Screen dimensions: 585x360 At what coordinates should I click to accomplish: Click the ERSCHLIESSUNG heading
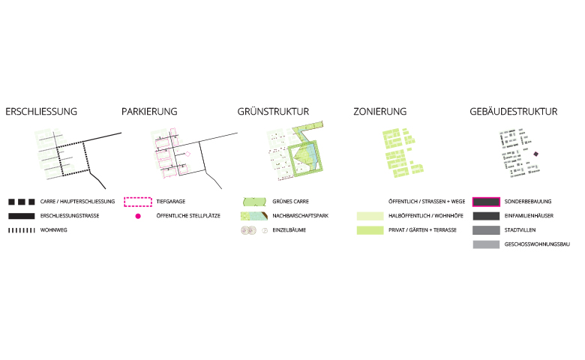point(41,112)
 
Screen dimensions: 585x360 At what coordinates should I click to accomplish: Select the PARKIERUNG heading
point(149,112)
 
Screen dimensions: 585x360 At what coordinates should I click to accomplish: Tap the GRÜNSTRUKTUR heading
point(273,111)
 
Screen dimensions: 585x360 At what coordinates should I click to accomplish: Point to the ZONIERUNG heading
point(379,112)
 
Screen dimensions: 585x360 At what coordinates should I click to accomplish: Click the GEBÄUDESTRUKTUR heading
point(513,111)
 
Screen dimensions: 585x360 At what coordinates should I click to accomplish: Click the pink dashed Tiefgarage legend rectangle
point(138,202)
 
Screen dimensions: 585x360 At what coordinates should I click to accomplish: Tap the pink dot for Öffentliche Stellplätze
point(138,216)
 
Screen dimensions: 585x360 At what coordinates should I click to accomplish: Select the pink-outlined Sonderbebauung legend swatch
point(486,202)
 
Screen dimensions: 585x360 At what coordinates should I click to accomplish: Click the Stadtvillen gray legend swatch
point(486,230)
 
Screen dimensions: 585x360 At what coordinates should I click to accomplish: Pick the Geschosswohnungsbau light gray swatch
point(486,244)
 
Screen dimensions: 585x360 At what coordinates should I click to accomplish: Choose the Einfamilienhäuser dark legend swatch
point(486,216)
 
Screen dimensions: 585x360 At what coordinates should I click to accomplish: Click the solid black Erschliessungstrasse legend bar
point(22,216)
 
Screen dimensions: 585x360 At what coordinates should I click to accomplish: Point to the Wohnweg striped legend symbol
point(22,230)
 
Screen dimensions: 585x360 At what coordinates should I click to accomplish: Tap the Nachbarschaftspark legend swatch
point(254,216)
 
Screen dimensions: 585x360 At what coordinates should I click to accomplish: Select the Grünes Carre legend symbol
point(254,202)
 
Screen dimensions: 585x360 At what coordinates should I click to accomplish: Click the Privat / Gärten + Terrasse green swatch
point(370,230)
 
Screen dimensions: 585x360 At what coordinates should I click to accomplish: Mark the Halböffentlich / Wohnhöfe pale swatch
point(370,216)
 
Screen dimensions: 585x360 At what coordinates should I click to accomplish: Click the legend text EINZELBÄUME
point(289,230)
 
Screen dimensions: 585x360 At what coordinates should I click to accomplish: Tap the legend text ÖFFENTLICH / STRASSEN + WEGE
point(427,202)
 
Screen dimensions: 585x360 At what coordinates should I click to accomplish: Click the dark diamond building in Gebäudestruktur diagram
point(536,154)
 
